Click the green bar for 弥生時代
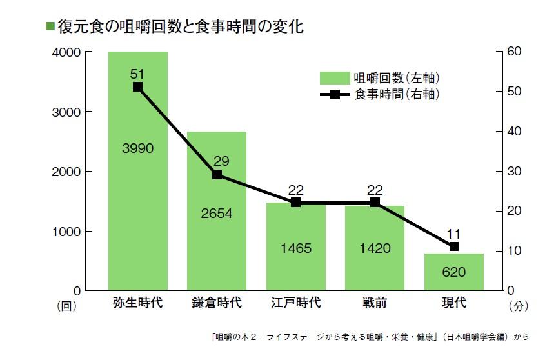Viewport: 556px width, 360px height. coord(137,194)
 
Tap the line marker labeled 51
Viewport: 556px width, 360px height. coord(137,86)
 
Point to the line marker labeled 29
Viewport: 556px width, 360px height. coord(217,174)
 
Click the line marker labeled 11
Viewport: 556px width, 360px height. coord(453,246)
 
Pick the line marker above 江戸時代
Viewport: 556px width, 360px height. coord(295,202)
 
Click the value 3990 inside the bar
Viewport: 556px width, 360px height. coord(137,148)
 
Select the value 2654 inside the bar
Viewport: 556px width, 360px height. coord(217,214)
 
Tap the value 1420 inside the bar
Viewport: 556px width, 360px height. coord(375,248)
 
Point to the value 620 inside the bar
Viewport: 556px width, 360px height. coord(453,272)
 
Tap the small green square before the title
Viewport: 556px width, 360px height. coord(50,26)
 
